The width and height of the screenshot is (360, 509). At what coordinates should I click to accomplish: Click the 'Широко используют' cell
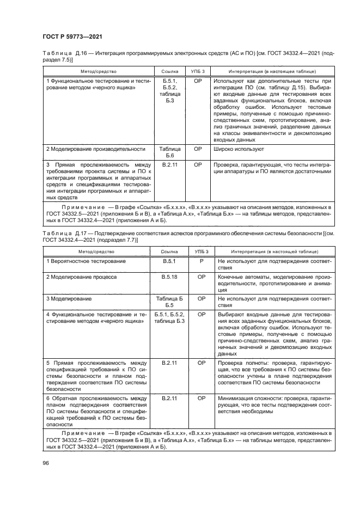[239, 149]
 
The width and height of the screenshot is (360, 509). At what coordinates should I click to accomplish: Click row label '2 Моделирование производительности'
[95, 149]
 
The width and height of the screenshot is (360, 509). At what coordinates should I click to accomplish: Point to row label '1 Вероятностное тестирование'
[86, 261]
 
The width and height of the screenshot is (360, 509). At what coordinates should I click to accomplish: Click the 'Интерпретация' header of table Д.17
[267, 252]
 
